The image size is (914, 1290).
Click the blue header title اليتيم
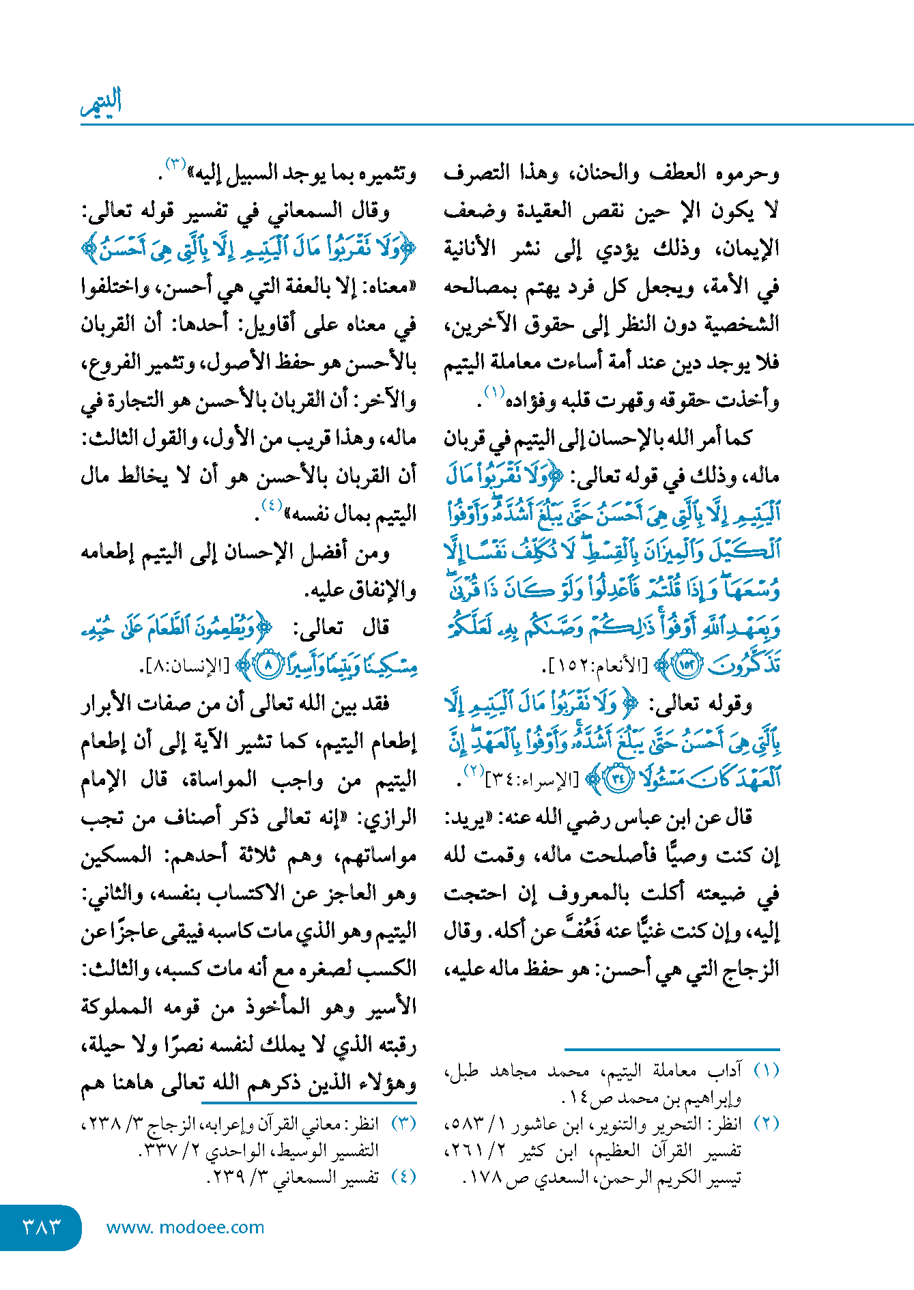point(101,102)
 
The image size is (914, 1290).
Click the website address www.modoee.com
point(185,1227)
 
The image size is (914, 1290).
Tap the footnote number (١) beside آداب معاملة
point(766,1070)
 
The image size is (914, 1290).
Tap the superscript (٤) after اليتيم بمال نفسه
point(272,506)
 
